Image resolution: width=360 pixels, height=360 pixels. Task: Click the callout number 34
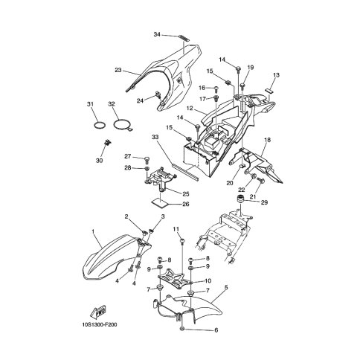[x=157, y=34]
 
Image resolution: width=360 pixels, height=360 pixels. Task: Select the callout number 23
[x=118, y=70]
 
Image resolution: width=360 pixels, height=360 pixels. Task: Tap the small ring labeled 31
[x=100, y=125]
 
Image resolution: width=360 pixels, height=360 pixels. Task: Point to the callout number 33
[x=155, y=137]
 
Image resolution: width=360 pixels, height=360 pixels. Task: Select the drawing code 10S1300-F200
[x=100, y=324]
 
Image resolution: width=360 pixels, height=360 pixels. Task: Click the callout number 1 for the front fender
[x=93, y=231]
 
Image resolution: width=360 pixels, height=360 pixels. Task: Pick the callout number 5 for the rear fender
[x=226, y=287]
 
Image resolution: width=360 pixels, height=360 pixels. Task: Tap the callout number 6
[x=216, y=330]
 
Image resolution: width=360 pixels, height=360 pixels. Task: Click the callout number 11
[x=176, y=229]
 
